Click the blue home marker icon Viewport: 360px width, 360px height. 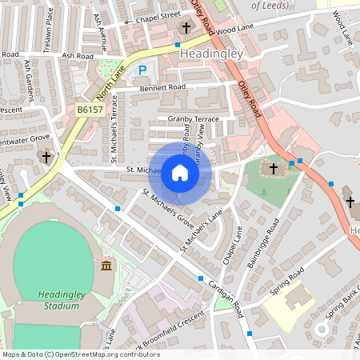click(x=180, y=172)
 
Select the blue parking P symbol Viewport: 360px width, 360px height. click(x=142, y=70)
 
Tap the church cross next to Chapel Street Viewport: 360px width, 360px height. click(x=186, y=28)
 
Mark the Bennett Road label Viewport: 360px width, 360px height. click(x=161, y=87)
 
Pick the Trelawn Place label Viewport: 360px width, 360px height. click(x=48, y=29)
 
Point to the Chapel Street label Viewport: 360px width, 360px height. click(x=157, y=14)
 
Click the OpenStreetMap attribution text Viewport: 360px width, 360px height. click(x=80, y=354)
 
